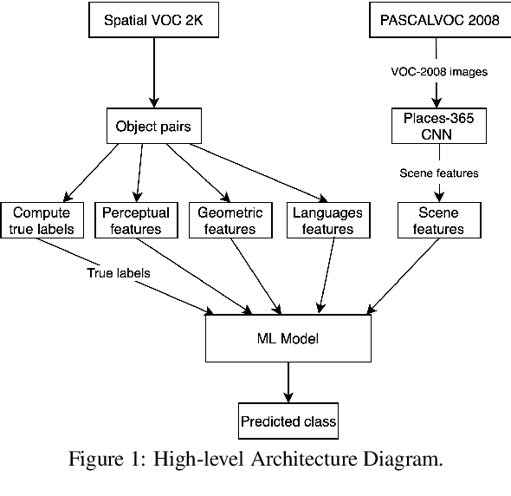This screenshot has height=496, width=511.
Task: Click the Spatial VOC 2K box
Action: coord(152,21)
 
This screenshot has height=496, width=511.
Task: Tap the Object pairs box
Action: coord(153,127)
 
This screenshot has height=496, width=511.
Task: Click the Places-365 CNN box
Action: coord(439,125)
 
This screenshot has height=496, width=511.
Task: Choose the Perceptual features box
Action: coord(136,220)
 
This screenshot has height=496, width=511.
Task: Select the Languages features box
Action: coord(327,220)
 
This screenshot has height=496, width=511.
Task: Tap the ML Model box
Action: coord(288,337)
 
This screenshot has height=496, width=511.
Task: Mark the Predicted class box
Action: coord(288,422)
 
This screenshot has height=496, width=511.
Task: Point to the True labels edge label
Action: coord(119,273)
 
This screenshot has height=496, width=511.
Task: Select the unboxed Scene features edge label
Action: coord(439,173)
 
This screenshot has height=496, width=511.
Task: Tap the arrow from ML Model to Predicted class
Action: coord(288,382)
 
